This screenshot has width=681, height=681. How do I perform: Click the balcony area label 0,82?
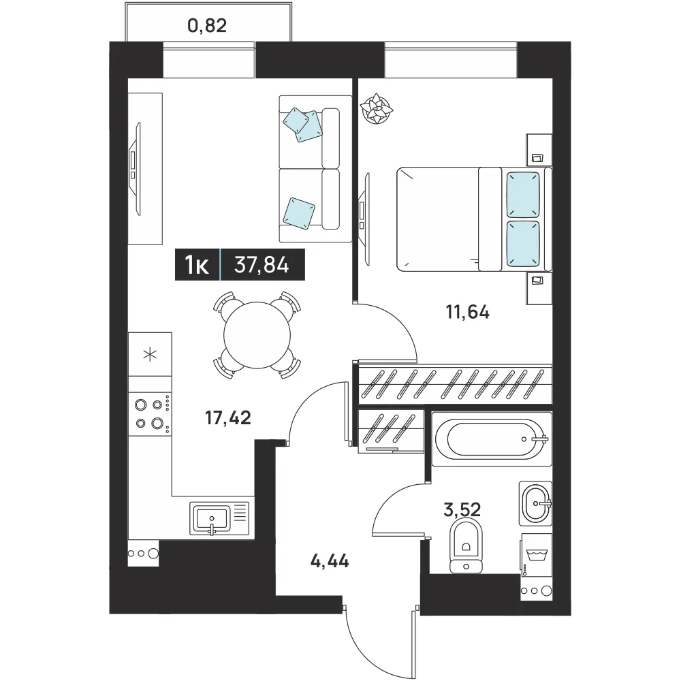(207, 26)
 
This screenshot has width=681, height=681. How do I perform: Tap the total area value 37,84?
(262, 264)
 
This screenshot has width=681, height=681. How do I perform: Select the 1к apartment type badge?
(197, 264)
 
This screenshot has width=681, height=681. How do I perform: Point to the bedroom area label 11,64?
(468, 313)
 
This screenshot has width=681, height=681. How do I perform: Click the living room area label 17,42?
(228, 418)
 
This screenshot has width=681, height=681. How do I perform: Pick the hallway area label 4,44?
(330, 562)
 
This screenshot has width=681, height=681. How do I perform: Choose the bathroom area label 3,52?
(462, 509)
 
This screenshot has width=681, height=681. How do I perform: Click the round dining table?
(257, 335)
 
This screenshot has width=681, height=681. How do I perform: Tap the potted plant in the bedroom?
(377, 108)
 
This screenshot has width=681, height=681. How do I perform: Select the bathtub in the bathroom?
(492, 439)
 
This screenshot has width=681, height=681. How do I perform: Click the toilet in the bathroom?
(466, 545)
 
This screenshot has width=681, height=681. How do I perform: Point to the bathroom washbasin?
(535, 503)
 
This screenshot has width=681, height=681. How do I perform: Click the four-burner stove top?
(150, 414)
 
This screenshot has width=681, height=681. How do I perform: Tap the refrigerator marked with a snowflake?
(150, 354)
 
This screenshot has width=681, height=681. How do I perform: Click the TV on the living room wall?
(136, 169)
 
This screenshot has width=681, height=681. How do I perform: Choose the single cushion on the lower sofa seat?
(299, 213)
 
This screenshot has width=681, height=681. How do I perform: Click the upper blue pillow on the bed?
(523, 195)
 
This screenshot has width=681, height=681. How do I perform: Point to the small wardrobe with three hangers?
(390, 431)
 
